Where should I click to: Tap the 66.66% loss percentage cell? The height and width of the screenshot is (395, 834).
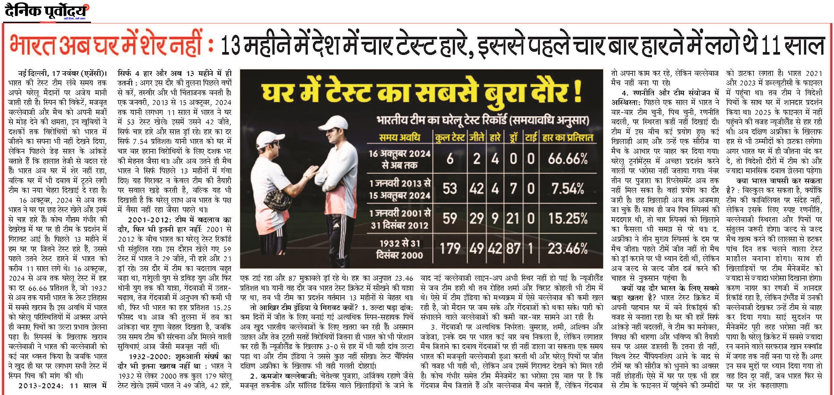pos(567,159)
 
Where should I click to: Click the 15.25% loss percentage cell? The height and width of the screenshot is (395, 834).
pos(567,219)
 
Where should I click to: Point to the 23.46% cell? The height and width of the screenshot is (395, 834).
pos(567,249)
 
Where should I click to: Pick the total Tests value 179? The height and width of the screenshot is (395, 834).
pos(450,249)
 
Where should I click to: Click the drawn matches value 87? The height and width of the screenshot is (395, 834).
pos(513,249)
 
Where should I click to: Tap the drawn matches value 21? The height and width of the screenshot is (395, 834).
pos(512,219)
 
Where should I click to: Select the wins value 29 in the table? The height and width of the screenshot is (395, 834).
pos(477,219)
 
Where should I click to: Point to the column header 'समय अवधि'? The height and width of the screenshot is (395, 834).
pos(399,137)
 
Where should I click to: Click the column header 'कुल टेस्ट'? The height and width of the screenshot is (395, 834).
pos(450,137)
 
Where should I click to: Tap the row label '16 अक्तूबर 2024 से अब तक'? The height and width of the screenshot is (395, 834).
pos(400,159)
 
